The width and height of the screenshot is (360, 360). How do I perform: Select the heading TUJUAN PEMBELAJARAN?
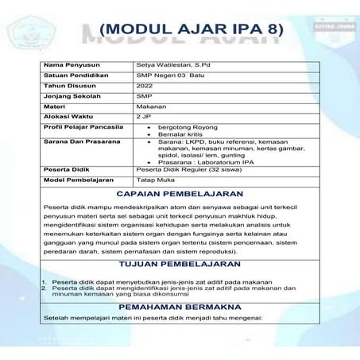[180, 262]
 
